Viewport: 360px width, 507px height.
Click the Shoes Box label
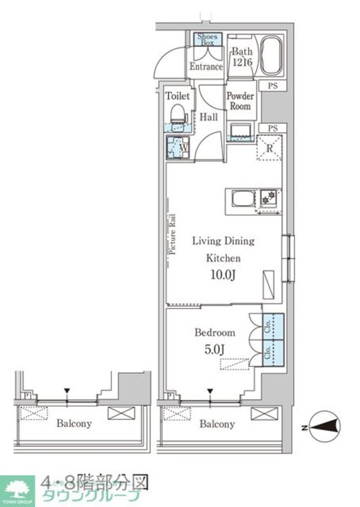coord(208,40)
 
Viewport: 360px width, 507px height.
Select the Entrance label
coord(206,67)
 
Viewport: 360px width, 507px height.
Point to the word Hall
coord(209,118)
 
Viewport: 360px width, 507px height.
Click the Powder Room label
coord(240,101)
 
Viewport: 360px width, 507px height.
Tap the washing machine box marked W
coord(178,146)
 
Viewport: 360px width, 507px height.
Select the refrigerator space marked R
coord(269,147)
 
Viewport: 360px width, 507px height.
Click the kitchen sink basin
coord(242,200)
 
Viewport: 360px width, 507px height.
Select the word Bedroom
coord(215,332)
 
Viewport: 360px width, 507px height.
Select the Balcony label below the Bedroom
coord(217,424)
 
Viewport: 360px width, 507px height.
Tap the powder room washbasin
coord(241,131)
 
